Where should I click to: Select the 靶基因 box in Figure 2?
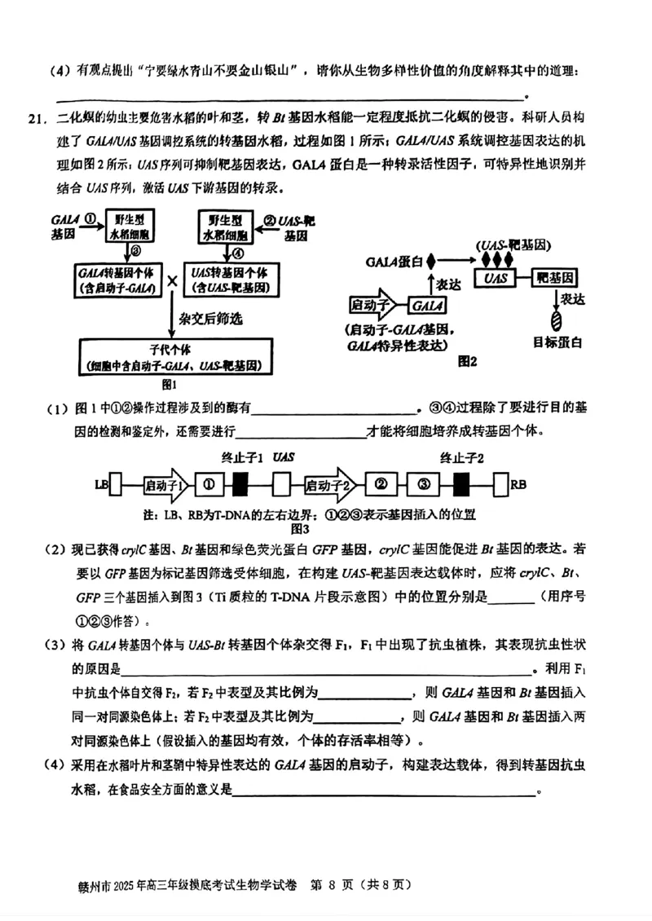(x=557, y=278)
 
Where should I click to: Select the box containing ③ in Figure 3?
(x=422, y=485)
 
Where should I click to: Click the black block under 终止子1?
(x=240, y=485)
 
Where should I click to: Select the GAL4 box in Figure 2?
(x=428, y=305)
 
